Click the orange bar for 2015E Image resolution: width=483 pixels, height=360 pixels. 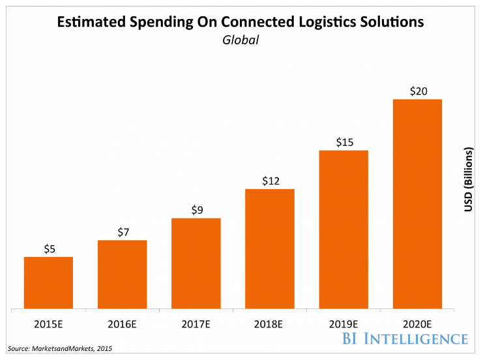pos(48,282)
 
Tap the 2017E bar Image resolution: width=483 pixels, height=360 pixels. pos(196,263)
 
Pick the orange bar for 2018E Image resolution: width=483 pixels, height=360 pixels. pos(269,248)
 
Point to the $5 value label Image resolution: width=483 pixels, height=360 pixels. pos(49,248)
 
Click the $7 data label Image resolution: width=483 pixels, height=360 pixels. pos(123,232)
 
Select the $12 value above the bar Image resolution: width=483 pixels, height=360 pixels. pos(270,181)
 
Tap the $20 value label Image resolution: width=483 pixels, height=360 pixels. pos(417,91)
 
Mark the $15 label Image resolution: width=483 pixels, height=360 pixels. pos(344,142)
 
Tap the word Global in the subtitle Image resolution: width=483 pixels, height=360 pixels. pos(241,40)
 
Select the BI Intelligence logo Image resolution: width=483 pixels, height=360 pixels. pos(403,338)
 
